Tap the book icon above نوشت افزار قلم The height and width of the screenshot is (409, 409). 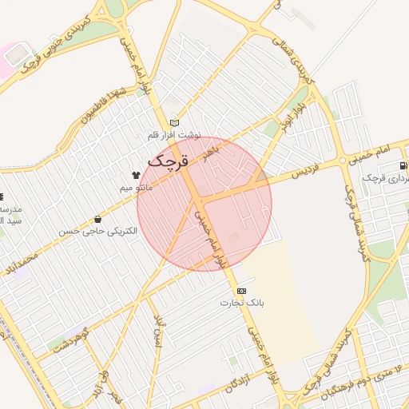[175, 123]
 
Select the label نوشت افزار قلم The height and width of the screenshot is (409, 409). [174, 135]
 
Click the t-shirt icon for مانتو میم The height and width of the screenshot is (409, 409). [136, 173]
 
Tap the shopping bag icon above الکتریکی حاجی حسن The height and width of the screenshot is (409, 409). [97, 218]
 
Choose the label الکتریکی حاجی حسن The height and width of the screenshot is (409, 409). [97, 231]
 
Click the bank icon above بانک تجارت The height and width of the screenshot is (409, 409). [241, 291]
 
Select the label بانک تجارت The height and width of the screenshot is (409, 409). [241, 304]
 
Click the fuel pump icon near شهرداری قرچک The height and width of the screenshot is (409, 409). [402, 166]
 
